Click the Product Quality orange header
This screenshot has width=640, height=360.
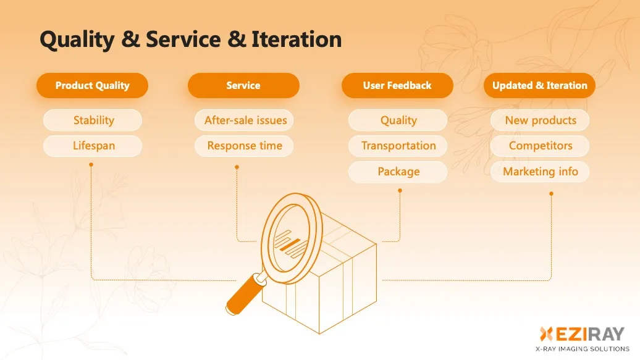[92, 86]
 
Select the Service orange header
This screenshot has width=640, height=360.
[243, 86]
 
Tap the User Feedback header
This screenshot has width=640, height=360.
[397, 86]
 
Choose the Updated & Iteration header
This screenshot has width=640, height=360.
[539, 86]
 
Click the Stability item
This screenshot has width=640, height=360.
[93, 120]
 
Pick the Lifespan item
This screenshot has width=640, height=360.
[93, 146]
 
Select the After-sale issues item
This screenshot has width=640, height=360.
[245, 120]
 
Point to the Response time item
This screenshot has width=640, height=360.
[245, 146]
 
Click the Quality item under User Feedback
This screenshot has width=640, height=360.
[398, 120]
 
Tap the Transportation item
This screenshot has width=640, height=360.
[398, 146]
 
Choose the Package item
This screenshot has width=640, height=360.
[398, 172]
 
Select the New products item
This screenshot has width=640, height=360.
[540, 120]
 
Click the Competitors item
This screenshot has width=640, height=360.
[540, 146]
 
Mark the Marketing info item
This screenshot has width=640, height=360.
[540, 172]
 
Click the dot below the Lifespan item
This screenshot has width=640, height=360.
[91, 164]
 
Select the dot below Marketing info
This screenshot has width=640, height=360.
[551, 193]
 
